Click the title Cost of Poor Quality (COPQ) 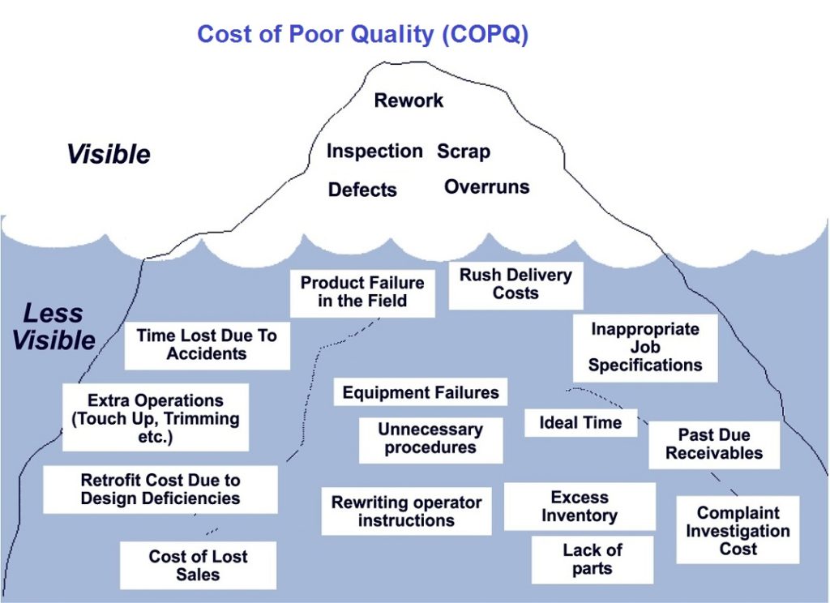pos(362,34)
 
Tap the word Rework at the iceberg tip pos(409,100)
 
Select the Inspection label pos(374,152)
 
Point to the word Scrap pos(464,152)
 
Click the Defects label pos(362,190)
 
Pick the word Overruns pos(486,187)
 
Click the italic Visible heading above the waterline pos(108,154)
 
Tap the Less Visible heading pos(53,327)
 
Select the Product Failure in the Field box pos(362,292)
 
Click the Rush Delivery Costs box pos(515,284)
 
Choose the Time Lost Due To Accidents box pos(207,344)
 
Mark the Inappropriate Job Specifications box pos(644,347)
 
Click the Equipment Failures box pos(421,393)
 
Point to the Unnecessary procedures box pos(430,438)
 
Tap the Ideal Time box pos(580,422)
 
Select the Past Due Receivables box pos(713,444)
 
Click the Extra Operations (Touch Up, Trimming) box pos(156,417)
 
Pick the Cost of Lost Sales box pos(198,565)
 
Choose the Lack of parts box pos(592,559)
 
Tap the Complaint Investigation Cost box pos(738,530)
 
